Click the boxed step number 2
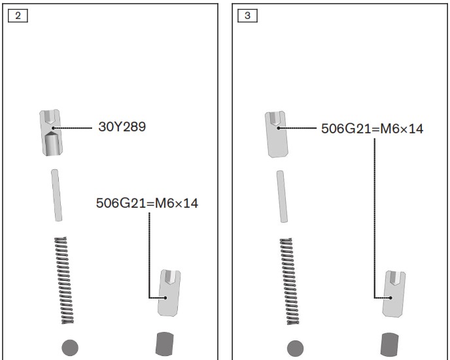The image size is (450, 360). point(18,16)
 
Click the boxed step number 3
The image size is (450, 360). point(247,16)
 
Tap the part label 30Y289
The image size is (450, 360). point(122,127)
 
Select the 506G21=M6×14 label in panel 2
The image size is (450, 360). point(147,203)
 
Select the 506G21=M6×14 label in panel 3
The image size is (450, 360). point(372,129)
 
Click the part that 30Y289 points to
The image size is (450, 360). point(51,133)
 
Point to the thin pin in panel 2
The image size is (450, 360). point(56,195)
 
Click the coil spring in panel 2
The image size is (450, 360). point(64,280)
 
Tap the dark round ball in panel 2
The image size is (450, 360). point(70,348)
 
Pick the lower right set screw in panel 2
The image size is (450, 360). point(169,293)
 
